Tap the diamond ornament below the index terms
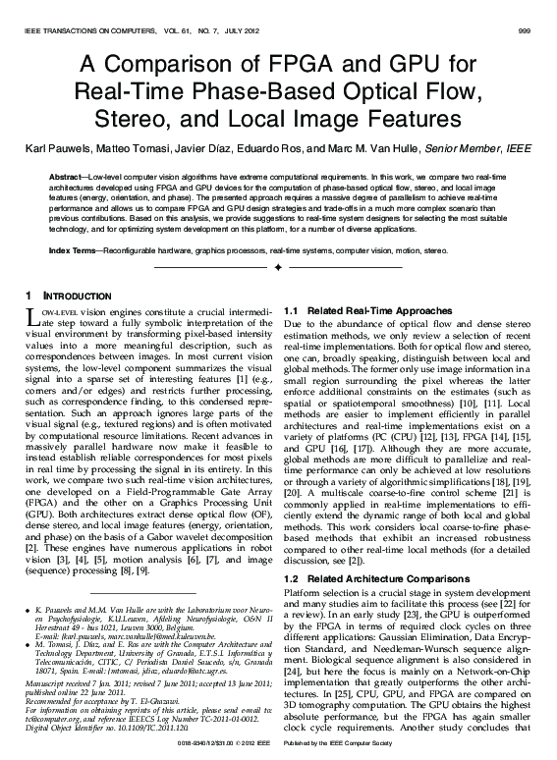[279, 268]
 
